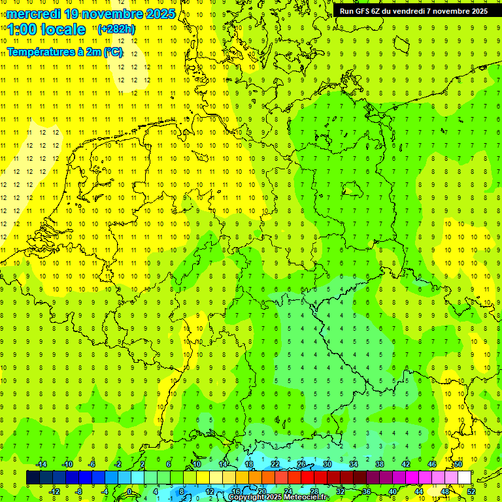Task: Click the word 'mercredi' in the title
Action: click(x=35, y=14)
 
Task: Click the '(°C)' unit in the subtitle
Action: click(x=112, y=52)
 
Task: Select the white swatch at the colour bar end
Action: click(x=464, y=478)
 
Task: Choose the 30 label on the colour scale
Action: click(x=327, y=464)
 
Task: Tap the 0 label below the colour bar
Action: click(x=129, y=492)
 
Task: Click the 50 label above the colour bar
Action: click(x=458, y=464)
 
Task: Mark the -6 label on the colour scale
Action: click(x=92, y=464)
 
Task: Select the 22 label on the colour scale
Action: click(x=275, y=464)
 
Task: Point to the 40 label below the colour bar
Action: click(x=393, y=492)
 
